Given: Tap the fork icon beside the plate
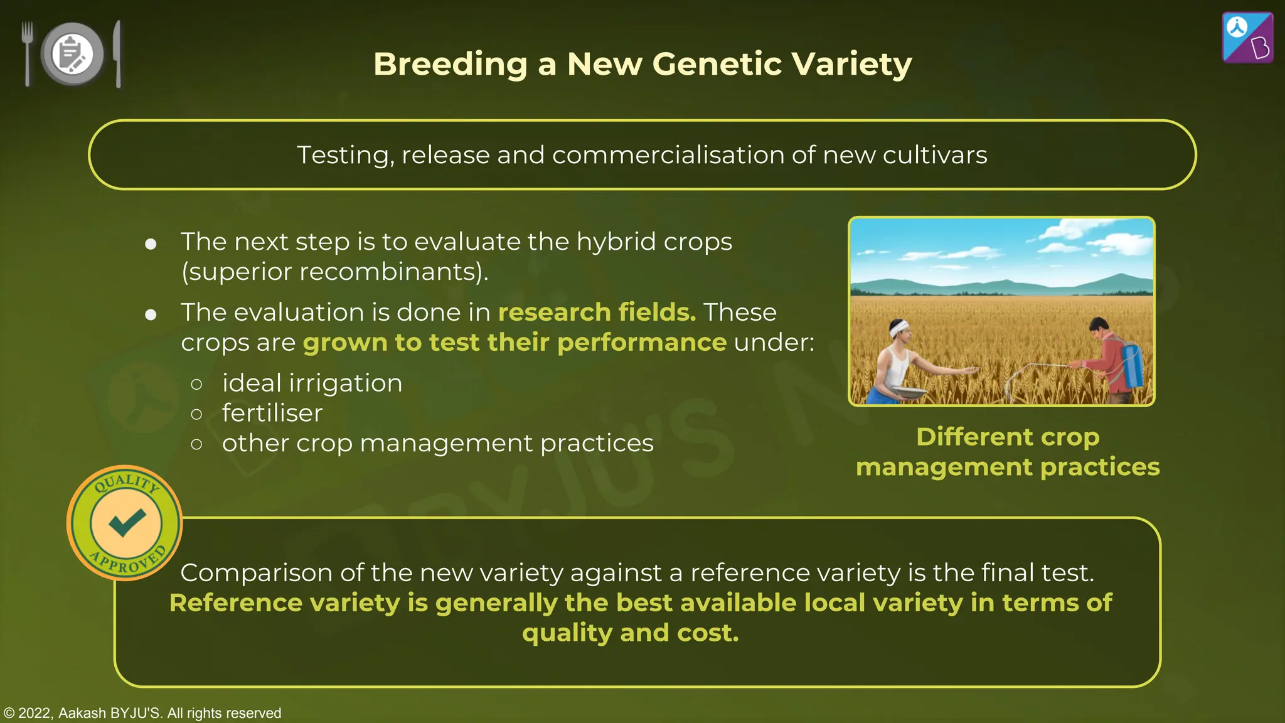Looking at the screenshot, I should point(27,53).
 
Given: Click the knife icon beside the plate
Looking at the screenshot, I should point(117,54).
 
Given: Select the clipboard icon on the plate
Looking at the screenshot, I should point(71,53).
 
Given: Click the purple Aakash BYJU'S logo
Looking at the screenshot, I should point(1247,38).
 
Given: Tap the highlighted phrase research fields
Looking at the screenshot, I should point(597,312).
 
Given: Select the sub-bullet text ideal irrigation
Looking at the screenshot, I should point(312,383).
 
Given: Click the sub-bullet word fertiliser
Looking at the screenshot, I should point(272,413).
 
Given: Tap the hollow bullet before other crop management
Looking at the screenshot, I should point(196,444).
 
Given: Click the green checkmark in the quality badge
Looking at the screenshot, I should point(126,522).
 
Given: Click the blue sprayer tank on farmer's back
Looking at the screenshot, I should point(1133,365).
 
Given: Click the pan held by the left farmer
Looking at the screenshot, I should point(909,392).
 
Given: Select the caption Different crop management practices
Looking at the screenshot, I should point(1007,452).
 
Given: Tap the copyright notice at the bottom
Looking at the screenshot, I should point(142,713).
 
